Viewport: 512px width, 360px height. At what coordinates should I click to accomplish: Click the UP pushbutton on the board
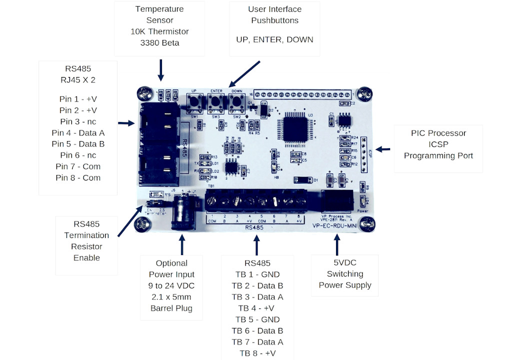pyautogui.click(x=194, y=103)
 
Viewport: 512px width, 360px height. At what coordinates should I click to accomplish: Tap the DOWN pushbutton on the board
pyautogui.click(x=236, y=103)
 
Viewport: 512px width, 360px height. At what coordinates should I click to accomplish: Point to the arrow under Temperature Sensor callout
pyautogui.click(x=160, y=70)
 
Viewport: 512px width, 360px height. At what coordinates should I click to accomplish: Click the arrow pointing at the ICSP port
pyautogui.click(x=383, y=149)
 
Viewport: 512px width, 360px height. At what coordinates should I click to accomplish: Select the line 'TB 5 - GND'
pyautogui.click(x=257, y=319)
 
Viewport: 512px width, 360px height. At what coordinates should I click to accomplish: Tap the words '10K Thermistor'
pyautogui.click(x=159, y=31)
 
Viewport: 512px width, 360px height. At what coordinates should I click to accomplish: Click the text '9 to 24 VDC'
pyautogui.click(x=171, y=285)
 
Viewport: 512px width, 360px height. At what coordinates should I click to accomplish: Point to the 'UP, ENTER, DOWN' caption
pyautogui.click(x=274, y=39)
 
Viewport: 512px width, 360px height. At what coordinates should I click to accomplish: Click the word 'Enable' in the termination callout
pyautogui.click(x=86, y=258)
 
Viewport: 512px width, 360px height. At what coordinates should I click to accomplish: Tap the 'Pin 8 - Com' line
pyautogui.click(x=77, y=178)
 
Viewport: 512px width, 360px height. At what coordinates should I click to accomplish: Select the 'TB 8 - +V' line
pyautogui.click(x=257, y=353)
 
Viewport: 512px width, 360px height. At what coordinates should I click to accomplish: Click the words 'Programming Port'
pyautogui.click(x=438, y=155)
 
